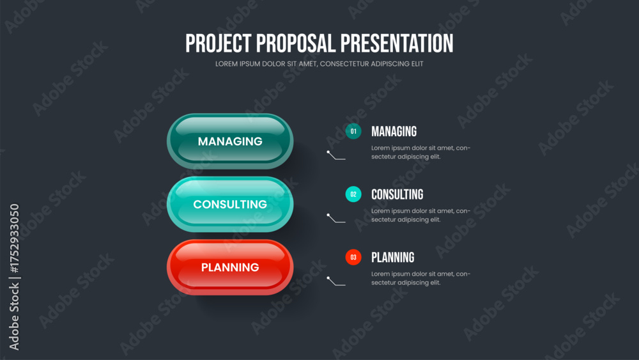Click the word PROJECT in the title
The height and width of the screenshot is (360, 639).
pos(219,43)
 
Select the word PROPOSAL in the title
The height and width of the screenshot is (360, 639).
pos(296,43)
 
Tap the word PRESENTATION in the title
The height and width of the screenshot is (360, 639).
pos(397,43)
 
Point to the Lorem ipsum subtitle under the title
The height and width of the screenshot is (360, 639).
pos(319,64)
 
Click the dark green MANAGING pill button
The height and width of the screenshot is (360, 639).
pos(230,141)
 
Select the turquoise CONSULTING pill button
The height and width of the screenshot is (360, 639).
pos(230,204)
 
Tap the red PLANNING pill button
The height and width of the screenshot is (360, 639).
pos(230,267)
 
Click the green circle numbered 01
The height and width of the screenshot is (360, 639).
pos(353,131)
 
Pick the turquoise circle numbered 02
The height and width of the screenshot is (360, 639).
pos(353,194)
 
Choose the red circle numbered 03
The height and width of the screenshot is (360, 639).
pos(353,257)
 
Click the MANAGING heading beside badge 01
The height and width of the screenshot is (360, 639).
pos(394,131)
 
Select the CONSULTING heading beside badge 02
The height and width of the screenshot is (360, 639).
pos(397,194)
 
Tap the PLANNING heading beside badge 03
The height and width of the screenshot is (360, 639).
pos(392,257)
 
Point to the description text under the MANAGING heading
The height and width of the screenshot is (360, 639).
pos(420,152)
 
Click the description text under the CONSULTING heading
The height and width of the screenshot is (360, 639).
pos(420,215)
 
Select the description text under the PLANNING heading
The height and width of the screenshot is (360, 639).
pos(420,278)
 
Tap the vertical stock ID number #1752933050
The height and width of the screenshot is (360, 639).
pos(14,239)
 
